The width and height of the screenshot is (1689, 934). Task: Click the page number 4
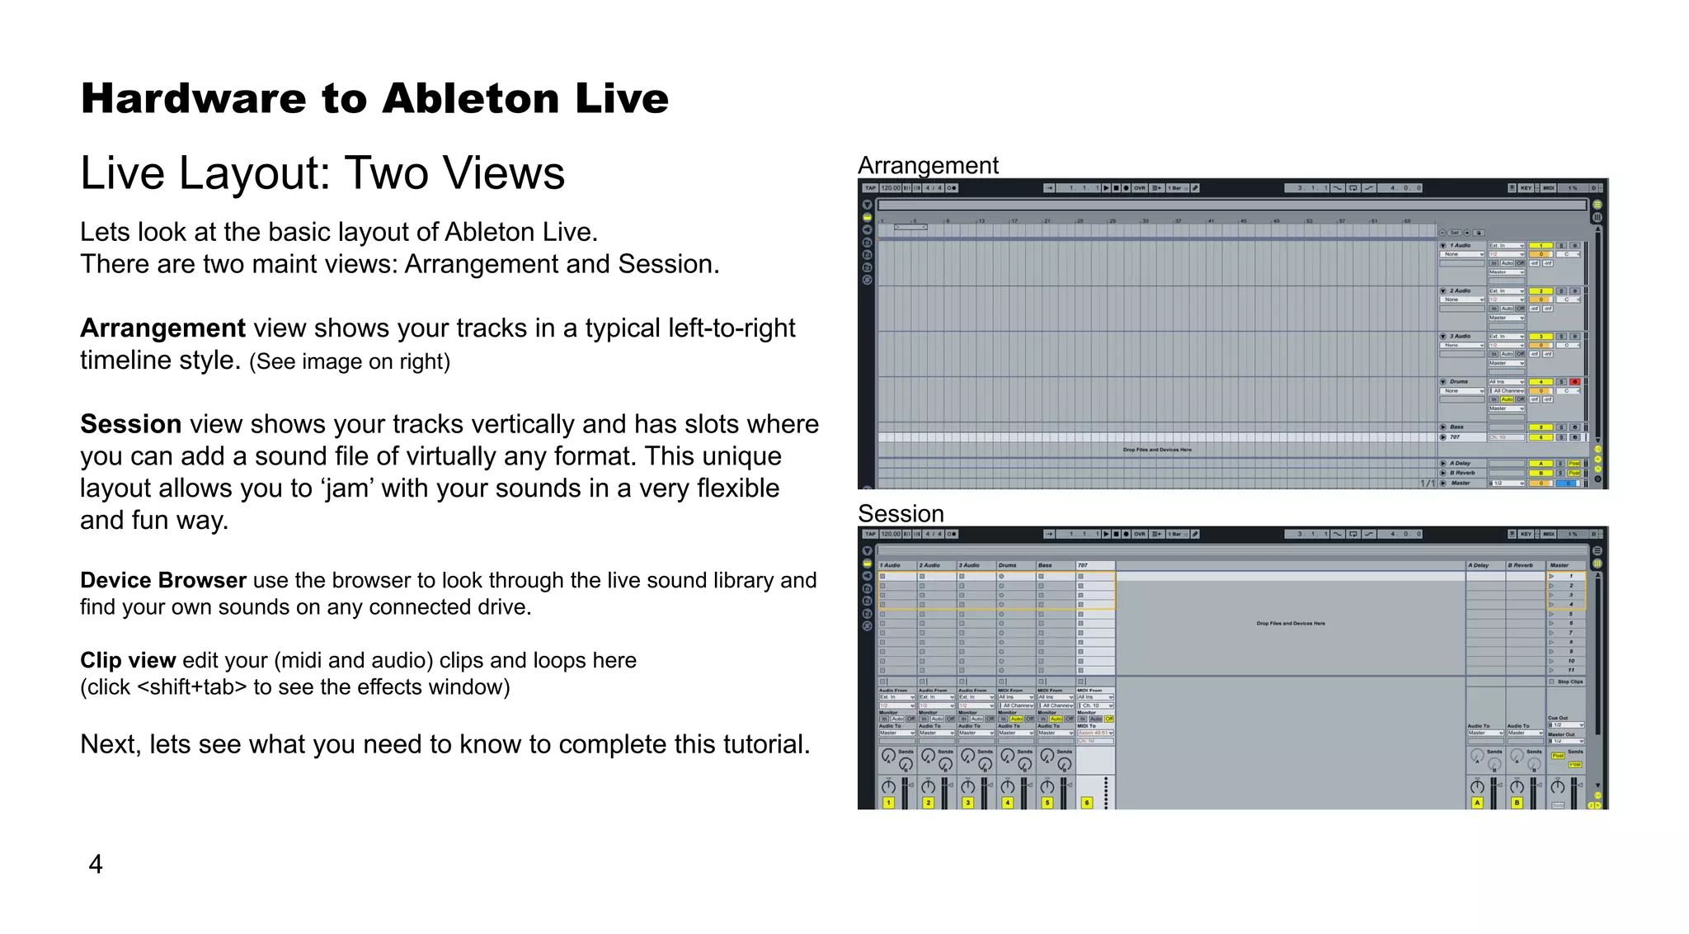pos(96,864)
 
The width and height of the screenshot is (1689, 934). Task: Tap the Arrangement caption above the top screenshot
pos(928,165)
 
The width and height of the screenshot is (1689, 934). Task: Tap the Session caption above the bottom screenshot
pos(901,513)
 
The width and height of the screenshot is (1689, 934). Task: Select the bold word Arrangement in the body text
pos(162,328)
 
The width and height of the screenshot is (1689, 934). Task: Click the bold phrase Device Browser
pos(162,580)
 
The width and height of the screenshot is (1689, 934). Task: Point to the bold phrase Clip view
pos(128,660)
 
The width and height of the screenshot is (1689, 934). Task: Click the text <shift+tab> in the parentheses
pos(192,687)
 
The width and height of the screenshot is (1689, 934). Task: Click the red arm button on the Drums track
pos(1574,382)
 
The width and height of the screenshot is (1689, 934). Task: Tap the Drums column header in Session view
pos(1008,565)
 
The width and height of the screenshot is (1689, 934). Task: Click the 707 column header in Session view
pos(1083,565)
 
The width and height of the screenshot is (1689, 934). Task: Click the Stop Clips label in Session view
pos(1569,682)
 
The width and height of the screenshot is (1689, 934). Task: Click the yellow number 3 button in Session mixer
pos(968,802)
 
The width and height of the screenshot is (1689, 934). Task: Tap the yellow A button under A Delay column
pos(1477,802)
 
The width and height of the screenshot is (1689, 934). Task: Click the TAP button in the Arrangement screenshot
pos(870,188)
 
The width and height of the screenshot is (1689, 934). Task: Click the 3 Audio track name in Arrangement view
pos(1461,337)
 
